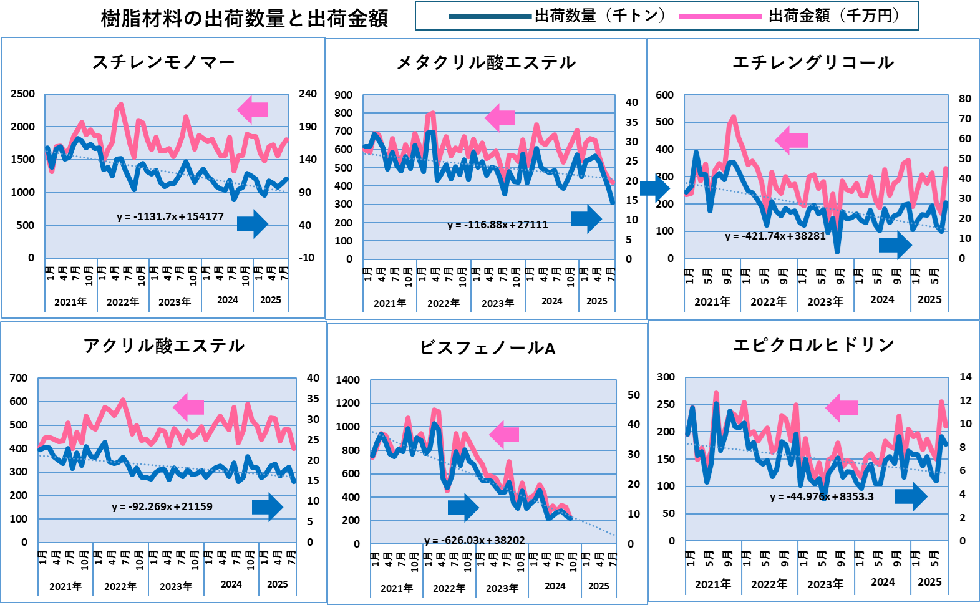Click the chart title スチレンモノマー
[163, 62]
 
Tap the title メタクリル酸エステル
[486, 62]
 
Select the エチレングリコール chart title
[813, 62]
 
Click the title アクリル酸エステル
[163, 346]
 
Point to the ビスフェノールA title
[487, 347]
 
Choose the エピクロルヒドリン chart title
[814, 345]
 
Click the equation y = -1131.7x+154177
[170, 216]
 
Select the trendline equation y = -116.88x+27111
[498, 225]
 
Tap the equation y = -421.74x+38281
[775, 236]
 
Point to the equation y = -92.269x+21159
[162, 506]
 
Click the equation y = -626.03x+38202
[475, 540]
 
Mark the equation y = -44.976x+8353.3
[822, 496]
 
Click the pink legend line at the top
[720, 17]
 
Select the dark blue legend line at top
[490, 17]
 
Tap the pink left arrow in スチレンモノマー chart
[253, 110]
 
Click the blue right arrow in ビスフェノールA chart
[463, 508]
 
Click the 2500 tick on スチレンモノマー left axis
[23, 94]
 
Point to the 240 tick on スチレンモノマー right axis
[308, 94]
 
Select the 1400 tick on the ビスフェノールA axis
[347, 380]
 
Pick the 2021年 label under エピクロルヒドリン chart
[713, 584]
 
